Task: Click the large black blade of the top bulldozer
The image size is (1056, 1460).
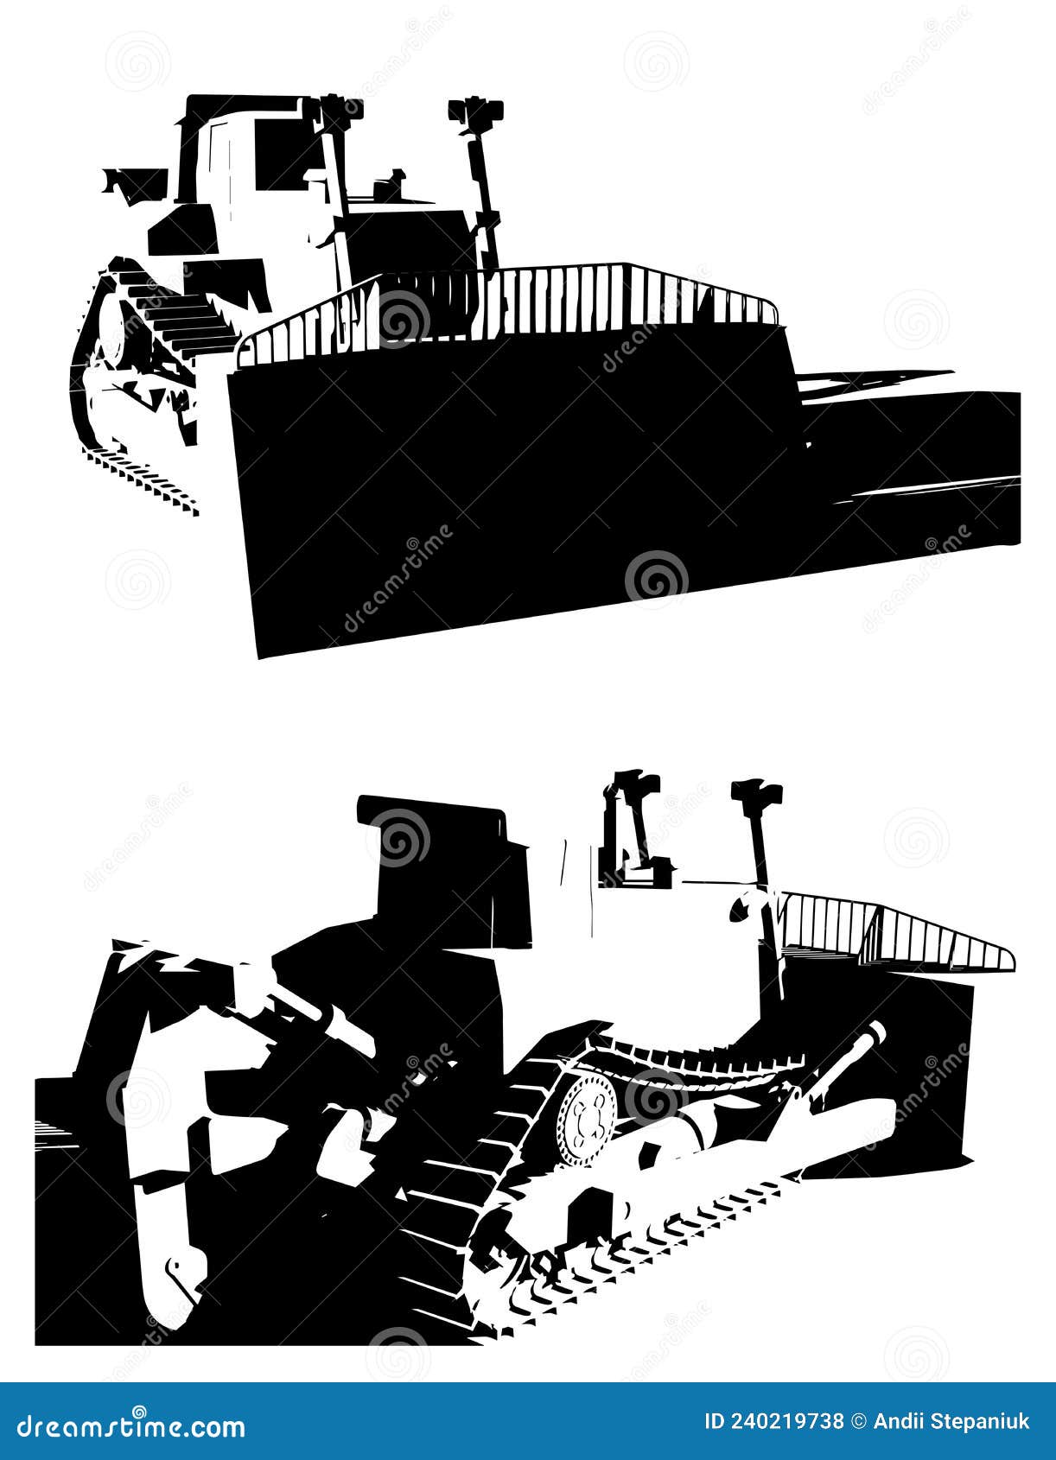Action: (518, 484)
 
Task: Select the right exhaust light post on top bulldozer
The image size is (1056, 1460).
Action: (478, 173)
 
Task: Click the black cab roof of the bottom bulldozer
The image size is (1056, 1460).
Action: (432, 816)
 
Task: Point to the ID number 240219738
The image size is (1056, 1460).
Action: (773, 1421)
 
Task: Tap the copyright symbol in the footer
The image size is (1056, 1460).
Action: (858, 1421)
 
